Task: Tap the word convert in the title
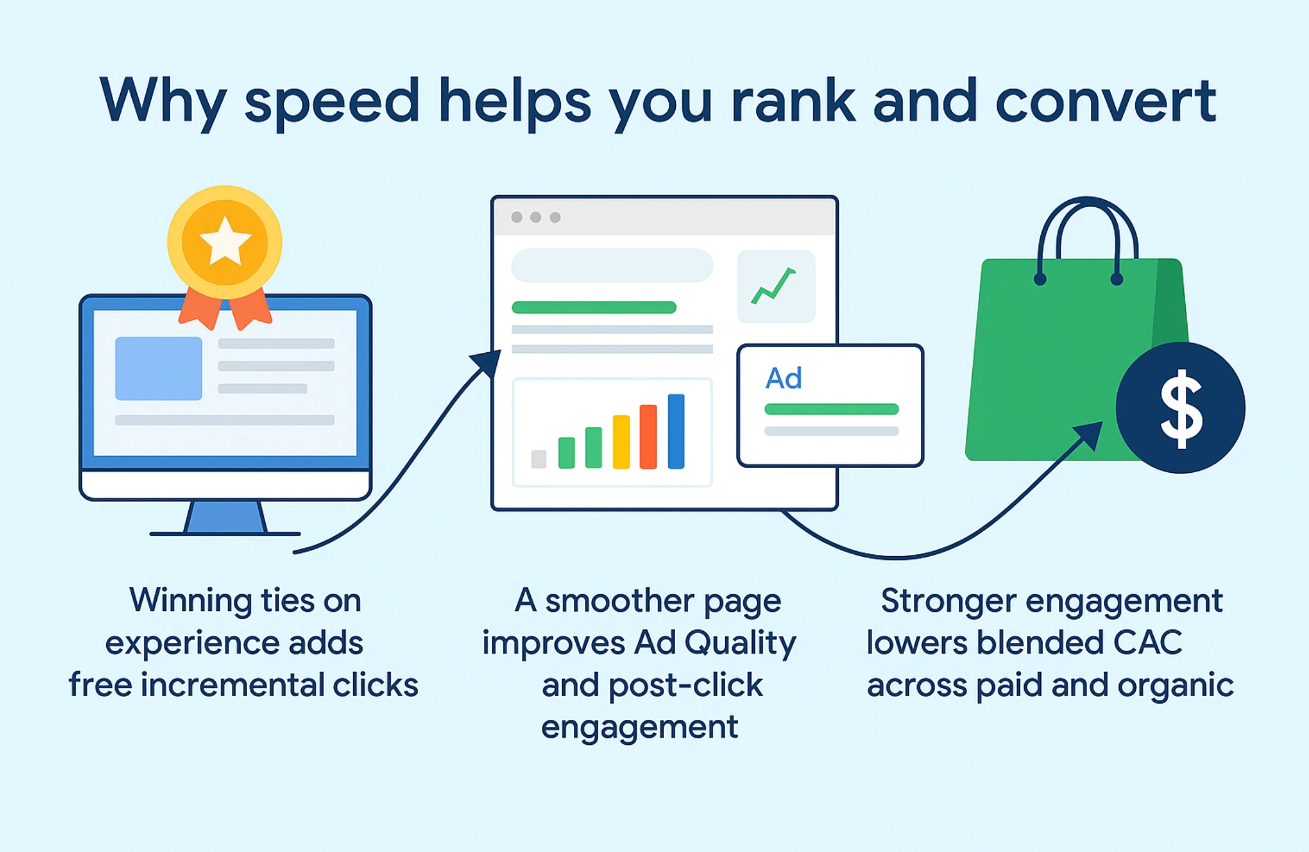pyautogui.click(x=1105, y=101)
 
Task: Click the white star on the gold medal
pyautogui.click(x=224, y=241)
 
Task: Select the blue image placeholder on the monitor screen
pyautogui.click(x=159, y=368)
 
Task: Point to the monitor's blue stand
pyautogui.click(x=226, y=517)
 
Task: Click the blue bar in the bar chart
pyautogui.click(x=676, y=432)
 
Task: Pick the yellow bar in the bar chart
pyautogui.click(x=621, y=442)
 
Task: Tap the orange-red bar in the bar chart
pyautogui.click(x=648, y=437)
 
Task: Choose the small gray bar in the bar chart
pyautogui.click(x=538, y=459)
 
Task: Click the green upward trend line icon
pyautogui.click(x=774, y=286)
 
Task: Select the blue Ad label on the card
pyautogui.click(x=783, y=378)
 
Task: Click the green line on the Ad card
pyautogui.click(x=831, y=409)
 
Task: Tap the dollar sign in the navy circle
pyautogui.click(x=1180, y=409)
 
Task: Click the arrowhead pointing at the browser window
pyautogui.click(x=487, y=363)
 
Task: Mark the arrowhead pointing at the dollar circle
pyautogui.click(x=1090, y=434)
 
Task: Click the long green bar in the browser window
pyautogui.click(x=594, y=307)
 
